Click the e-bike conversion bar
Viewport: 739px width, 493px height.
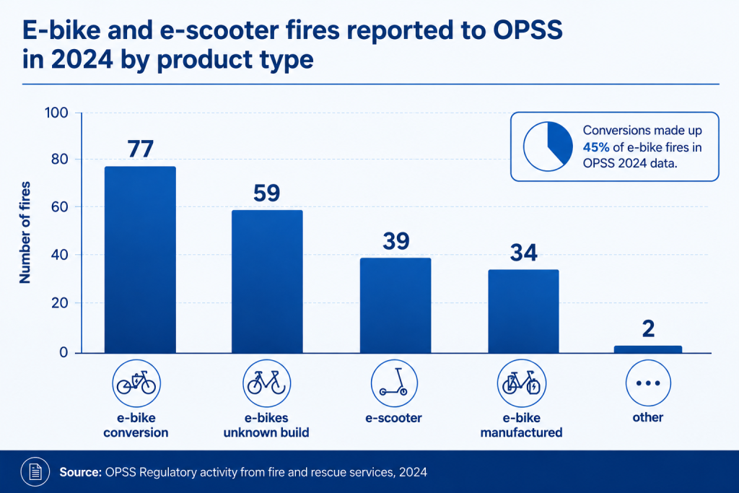(x=140, y=259)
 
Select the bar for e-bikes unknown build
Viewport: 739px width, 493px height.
(x=267, y=282)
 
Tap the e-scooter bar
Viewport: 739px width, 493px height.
(x=395, y=305)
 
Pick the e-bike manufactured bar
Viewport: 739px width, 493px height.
(x=523, y=311)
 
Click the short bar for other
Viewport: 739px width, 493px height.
(x=647, y=349)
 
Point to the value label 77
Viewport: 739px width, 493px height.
(x=141, y=149)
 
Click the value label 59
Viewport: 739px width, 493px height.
(x=267, y=193)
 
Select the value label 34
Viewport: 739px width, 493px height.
(x=524, y=253)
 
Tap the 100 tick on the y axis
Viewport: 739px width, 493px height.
(x=56, y=113)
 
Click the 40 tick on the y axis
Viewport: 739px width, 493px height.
(x=59, y=255)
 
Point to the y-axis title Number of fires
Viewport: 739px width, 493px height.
(x=25, y=232)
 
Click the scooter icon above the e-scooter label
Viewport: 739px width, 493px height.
(x=394, y=383)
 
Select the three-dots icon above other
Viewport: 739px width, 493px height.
(x=648, y=383)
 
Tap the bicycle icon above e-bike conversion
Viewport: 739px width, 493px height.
(x=136, y=383)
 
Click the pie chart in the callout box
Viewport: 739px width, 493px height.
(x=548, y=147)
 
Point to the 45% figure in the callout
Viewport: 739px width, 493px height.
(x=596, y=147)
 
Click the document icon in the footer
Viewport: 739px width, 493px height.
(x=35, y=471)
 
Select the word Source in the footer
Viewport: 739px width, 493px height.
(x=81, y=472)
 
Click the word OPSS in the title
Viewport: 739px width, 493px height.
(x=528, y=30)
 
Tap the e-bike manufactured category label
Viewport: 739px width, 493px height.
(x=521, y=425)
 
